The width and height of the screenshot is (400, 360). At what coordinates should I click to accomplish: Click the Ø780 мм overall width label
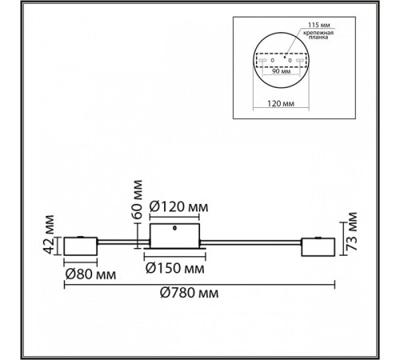(x=189, y=293)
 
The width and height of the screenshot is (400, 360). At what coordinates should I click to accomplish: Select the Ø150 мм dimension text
(x=175, y=268)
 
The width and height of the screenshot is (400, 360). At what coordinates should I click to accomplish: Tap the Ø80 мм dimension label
(x=90, y=274)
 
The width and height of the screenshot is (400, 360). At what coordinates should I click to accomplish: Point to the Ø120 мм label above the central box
(x=179, y=207)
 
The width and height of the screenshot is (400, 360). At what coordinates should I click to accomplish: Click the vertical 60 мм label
(x=138, y=199)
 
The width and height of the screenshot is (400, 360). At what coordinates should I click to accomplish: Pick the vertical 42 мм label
(x=49, y=234)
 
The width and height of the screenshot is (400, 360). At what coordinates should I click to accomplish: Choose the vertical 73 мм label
(x=351, y=231)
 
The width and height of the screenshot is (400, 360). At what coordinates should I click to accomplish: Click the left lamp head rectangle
(x=81, y=246)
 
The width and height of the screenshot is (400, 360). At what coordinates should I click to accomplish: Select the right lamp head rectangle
(x=318, y=247)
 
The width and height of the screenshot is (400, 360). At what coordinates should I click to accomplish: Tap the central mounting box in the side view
(x=174, y=236)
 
